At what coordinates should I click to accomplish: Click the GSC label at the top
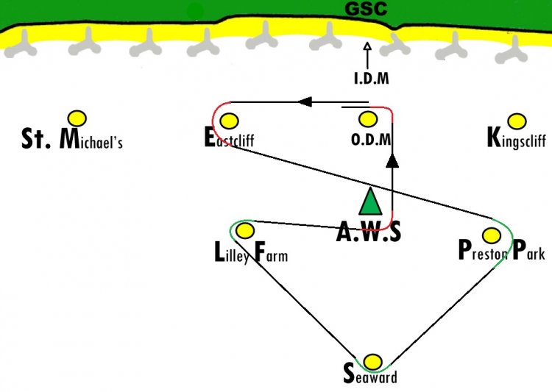(x=367, y=10)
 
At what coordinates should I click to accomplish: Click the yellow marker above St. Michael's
(x=77, y=118)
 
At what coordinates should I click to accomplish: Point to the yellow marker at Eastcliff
(x=229, y=121)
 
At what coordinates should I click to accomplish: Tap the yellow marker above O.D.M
(x=367, y=119)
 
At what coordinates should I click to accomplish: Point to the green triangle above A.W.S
(x=369, y=202)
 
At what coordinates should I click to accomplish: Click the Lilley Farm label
(x=250, y=254)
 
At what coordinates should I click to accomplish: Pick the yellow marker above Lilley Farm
(x=245, y=231)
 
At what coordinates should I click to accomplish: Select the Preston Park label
(x=501, y=252)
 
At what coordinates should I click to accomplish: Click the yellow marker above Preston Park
(x=491, y=235)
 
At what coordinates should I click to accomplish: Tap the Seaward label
(x=370, y=376)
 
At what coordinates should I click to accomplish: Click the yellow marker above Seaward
(x=373, y=362)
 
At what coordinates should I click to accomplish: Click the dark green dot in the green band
(x=195, y=11)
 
